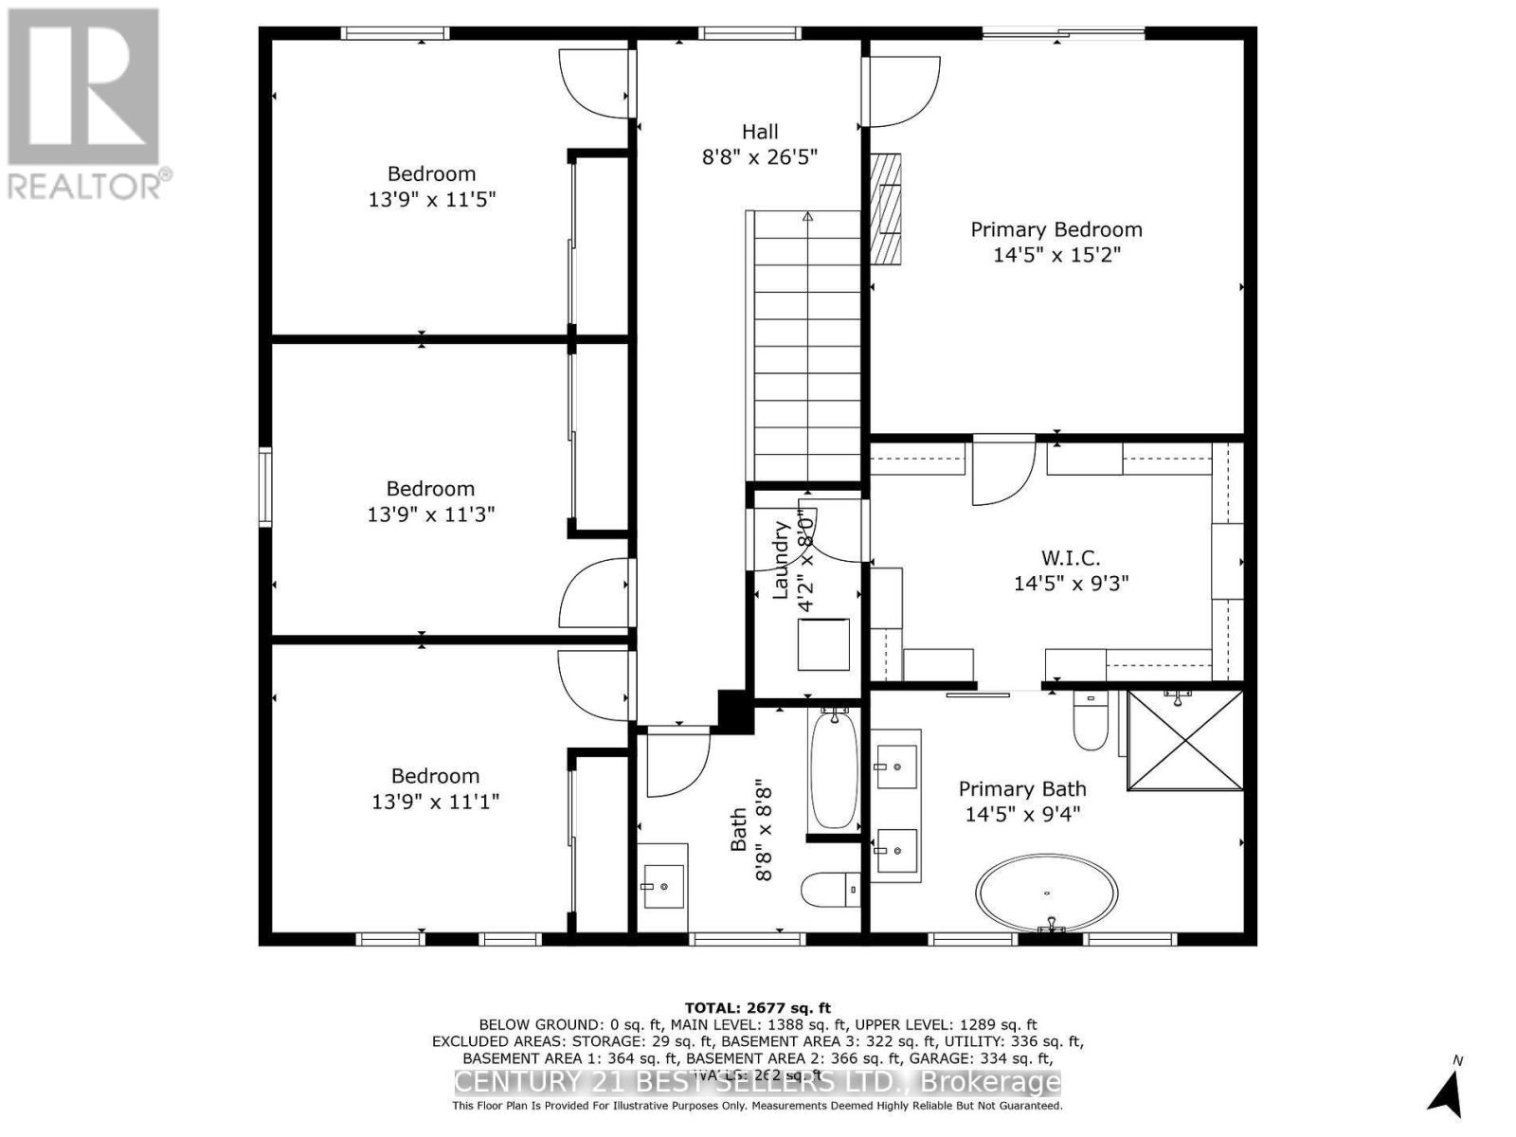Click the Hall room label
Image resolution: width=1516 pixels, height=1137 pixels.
pyautogui.click(x=760, y=132)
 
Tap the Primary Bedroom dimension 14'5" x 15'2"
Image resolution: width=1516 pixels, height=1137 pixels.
pyautogui.click(x=1056, y=255)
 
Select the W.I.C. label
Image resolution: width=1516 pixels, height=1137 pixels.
pyautogui.click(x=1071, y=558)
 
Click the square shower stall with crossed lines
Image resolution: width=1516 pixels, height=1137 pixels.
pyautogui.click(x=1184, y=740)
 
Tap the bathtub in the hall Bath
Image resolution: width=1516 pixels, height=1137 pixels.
pyautogui.click(x=834, y=769)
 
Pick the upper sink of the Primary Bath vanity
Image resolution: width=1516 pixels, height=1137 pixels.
pyautogui.click(x=895, y=766)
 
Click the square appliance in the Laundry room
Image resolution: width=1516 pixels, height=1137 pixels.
pyautogui.click(x=823, y=644)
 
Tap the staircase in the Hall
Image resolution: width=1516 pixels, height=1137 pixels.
pyautogui.click(x=806, y=346)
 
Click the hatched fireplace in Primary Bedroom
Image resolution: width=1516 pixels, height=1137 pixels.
pyautogui.click(x=886, y=208)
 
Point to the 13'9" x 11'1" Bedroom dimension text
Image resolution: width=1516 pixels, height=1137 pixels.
pyautogui.click(x=435, y=802)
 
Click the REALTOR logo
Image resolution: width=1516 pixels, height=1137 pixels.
pyautogui.click(x=85, y=104)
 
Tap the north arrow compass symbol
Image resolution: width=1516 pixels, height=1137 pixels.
pyautogui.click(x=1447, y=1092)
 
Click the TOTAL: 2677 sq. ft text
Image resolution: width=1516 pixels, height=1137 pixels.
pyautogui.click(x=757, y=1008)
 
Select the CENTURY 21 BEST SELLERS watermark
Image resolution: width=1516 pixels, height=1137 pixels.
pyautogui.click(x=757, y=1082)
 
